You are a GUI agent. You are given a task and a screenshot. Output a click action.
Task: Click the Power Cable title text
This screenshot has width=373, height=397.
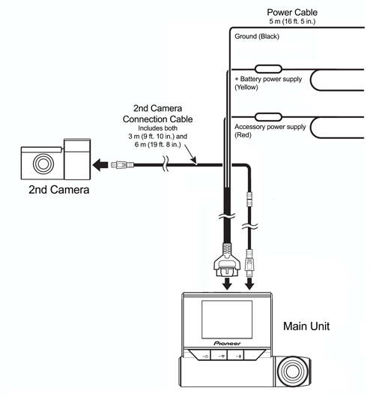pos(292,13)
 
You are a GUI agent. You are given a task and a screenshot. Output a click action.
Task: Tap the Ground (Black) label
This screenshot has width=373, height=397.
pos(257,37)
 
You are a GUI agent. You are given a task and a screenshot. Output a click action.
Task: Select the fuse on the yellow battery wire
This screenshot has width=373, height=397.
pos(268,69)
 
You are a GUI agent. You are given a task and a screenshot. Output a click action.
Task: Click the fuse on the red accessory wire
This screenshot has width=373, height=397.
pos(268,117)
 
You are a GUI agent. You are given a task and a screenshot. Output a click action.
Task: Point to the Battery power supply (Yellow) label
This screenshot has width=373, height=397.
pos(268,83)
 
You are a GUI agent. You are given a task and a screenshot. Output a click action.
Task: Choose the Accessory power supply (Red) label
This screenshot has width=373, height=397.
pos(270,131)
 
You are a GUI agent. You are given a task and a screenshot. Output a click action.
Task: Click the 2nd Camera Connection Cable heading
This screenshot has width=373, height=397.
pos(158,113)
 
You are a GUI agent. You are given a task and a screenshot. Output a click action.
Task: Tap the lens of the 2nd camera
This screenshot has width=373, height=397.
pos(43,164)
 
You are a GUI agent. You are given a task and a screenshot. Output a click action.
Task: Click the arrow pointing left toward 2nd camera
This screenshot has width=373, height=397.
pos(100,165)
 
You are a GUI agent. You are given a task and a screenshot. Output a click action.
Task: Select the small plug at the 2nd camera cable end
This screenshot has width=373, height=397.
pos(123,165)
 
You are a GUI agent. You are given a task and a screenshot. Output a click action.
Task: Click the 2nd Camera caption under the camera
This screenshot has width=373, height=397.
pos(59,190)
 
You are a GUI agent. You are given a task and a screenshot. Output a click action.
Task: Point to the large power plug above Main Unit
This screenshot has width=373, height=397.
pos(227,260)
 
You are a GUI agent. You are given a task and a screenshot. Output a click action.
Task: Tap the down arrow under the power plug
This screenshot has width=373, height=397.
pos(227,284)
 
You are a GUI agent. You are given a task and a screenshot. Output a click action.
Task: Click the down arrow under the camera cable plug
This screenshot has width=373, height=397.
pos(249,284)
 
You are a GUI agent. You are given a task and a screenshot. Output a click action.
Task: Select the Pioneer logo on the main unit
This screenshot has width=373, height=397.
pos(227,343)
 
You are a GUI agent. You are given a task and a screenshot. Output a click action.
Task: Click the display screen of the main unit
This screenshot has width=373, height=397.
pos(227,320)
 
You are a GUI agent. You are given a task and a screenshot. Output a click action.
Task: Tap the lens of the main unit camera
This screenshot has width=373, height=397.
pos(292,371)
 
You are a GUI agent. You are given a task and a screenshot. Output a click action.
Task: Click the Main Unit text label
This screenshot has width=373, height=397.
pos(306,326)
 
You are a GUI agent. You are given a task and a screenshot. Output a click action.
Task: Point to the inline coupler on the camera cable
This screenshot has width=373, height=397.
pos(249,200)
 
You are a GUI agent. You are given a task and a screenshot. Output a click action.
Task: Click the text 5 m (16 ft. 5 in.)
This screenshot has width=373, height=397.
pos(292,22)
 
